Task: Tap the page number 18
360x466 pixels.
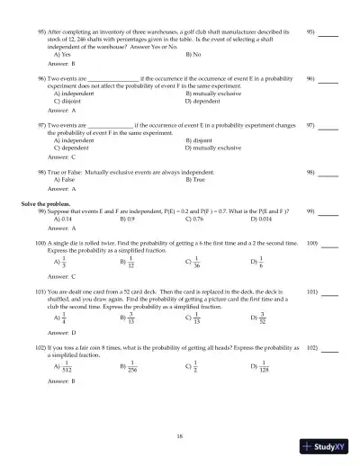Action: click(180, 435)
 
